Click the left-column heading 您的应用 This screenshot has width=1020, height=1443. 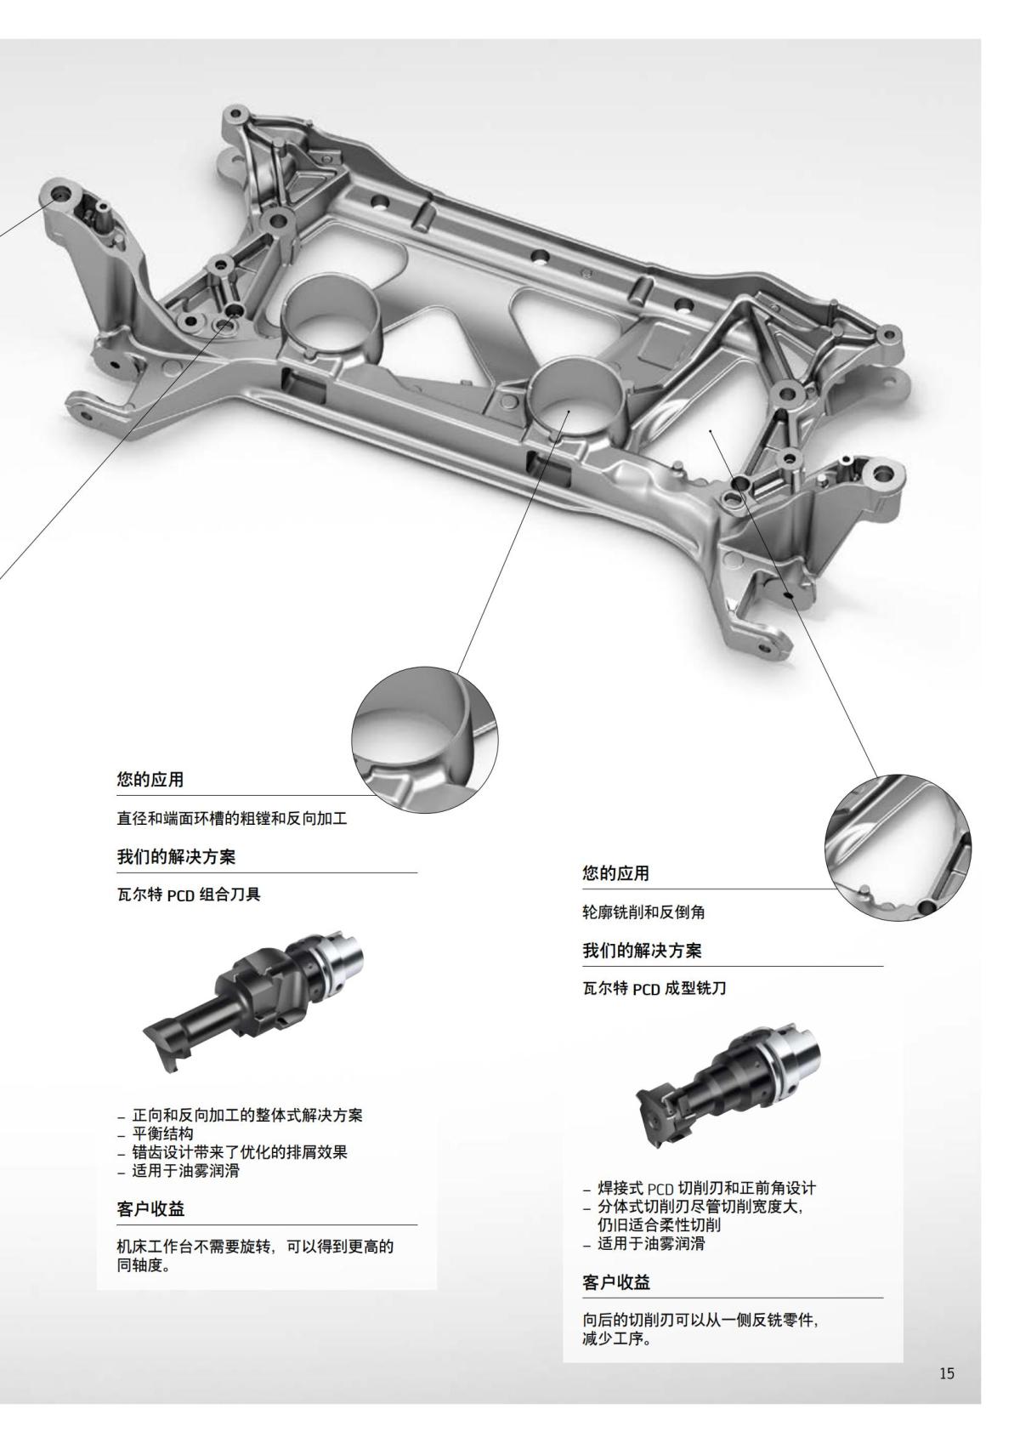tap(150, 779)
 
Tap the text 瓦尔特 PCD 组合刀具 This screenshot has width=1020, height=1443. tap(188, 895)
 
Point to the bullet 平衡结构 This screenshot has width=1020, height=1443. tap(163, 1133)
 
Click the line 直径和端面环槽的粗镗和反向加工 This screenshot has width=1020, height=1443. tap(232, 820)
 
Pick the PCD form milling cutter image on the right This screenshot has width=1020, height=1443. tap(727, 1088)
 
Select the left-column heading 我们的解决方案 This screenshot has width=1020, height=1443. tap(176, 857)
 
